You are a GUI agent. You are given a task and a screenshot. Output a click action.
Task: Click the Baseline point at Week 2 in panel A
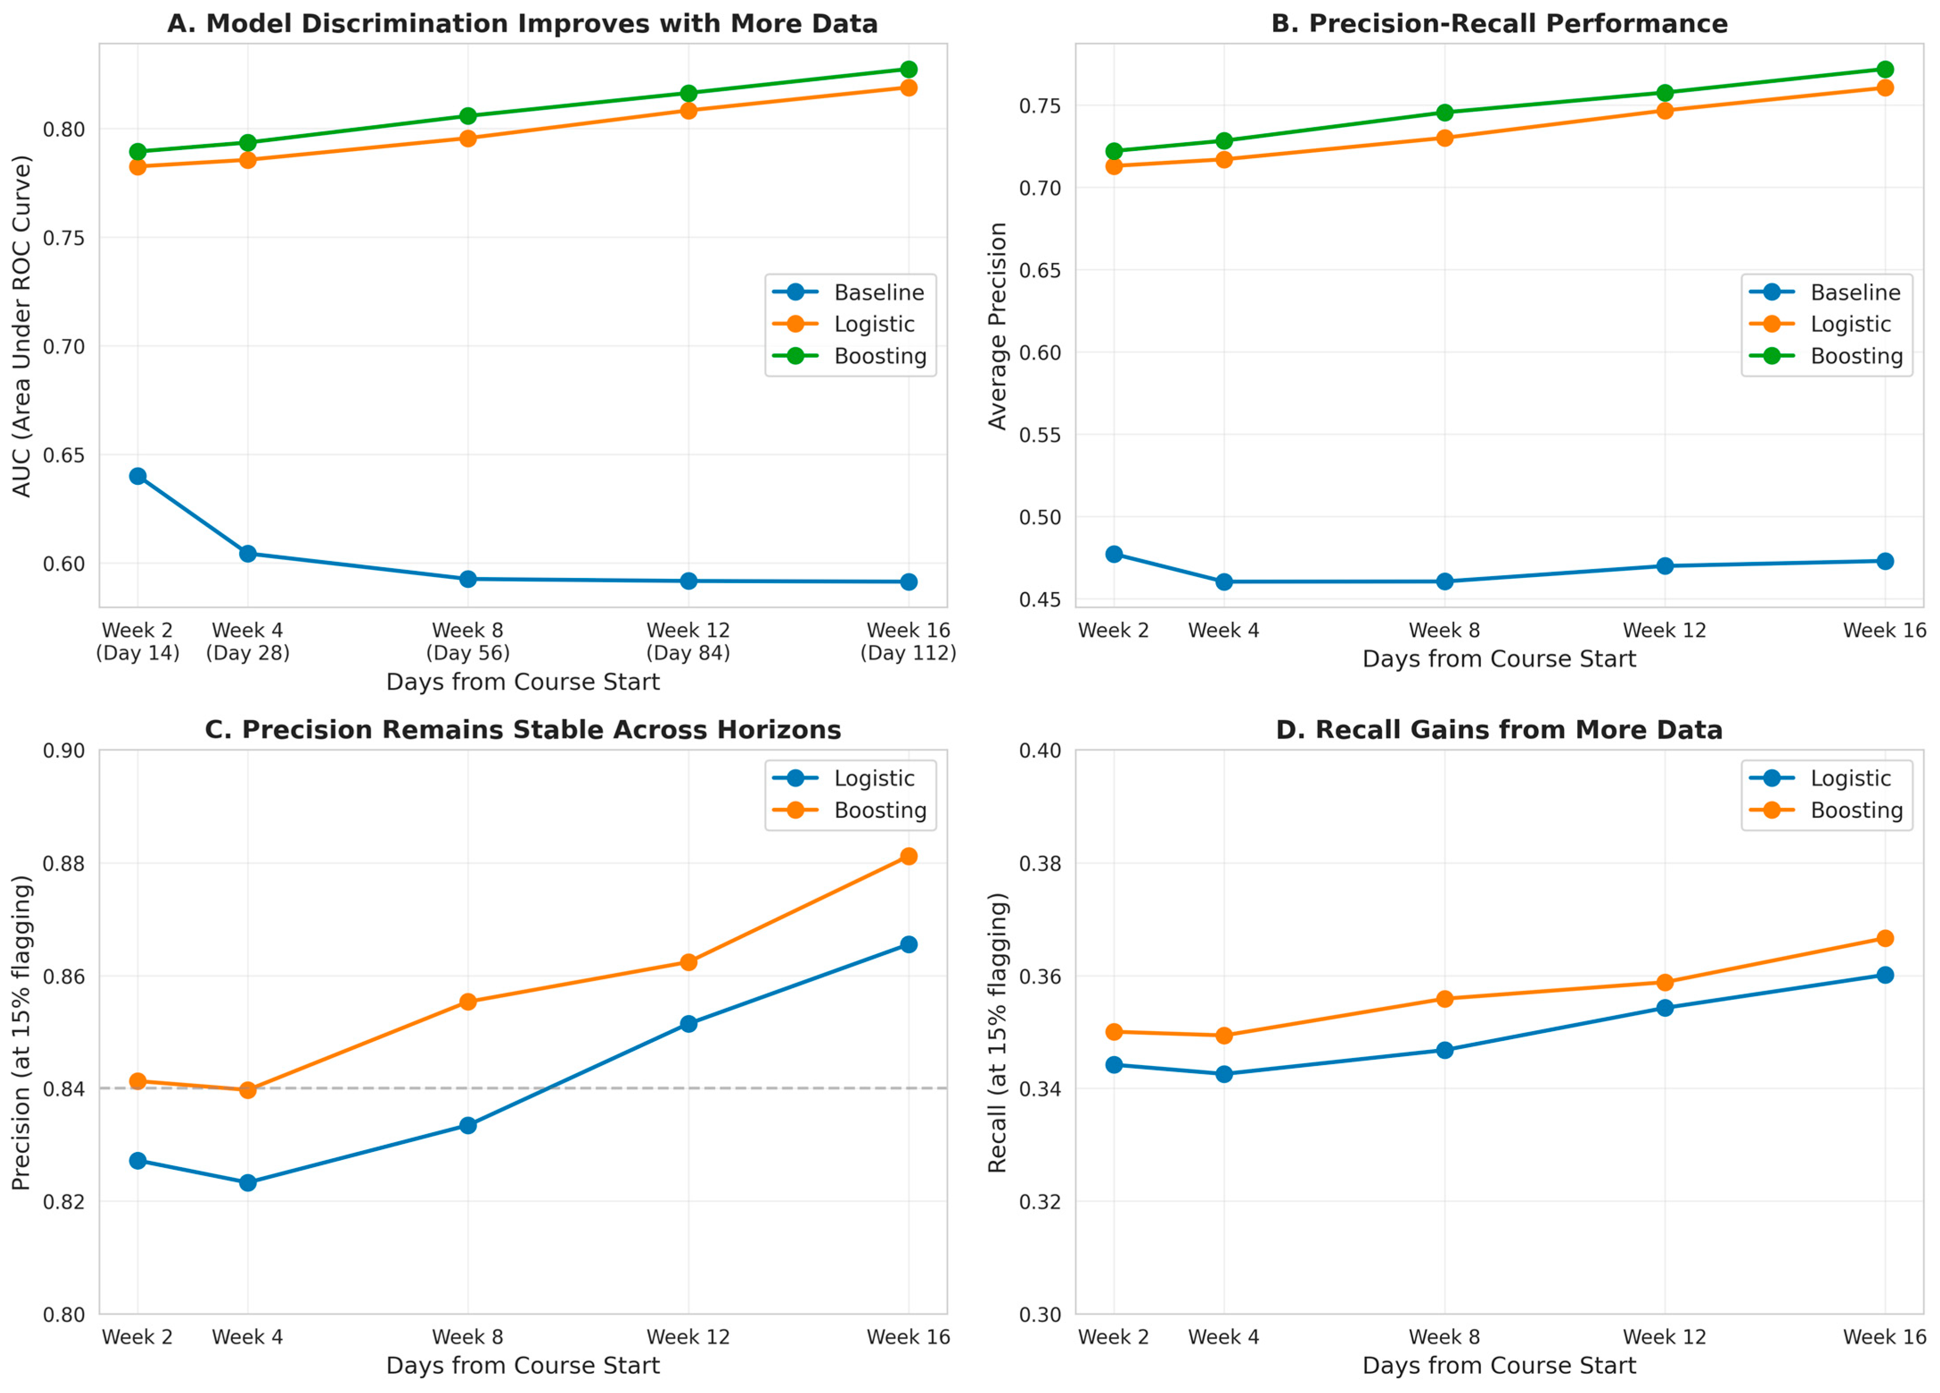138,476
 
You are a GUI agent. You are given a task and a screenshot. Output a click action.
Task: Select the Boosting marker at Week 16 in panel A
908,69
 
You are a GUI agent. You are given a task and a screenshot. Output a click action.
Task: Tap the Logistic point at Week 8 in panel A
468,139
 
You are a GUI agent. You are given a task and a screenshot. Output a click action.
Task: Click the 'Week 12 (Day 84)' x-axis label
689,641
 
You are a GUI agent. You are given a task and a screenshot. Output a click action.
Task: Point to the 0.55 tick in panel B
1040,435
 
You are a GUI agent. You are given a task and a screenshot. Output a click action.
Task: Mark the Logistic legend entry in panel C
843,778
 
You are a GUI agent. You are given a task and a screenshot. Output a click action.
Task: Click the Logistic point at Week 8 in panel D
1445,1050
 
